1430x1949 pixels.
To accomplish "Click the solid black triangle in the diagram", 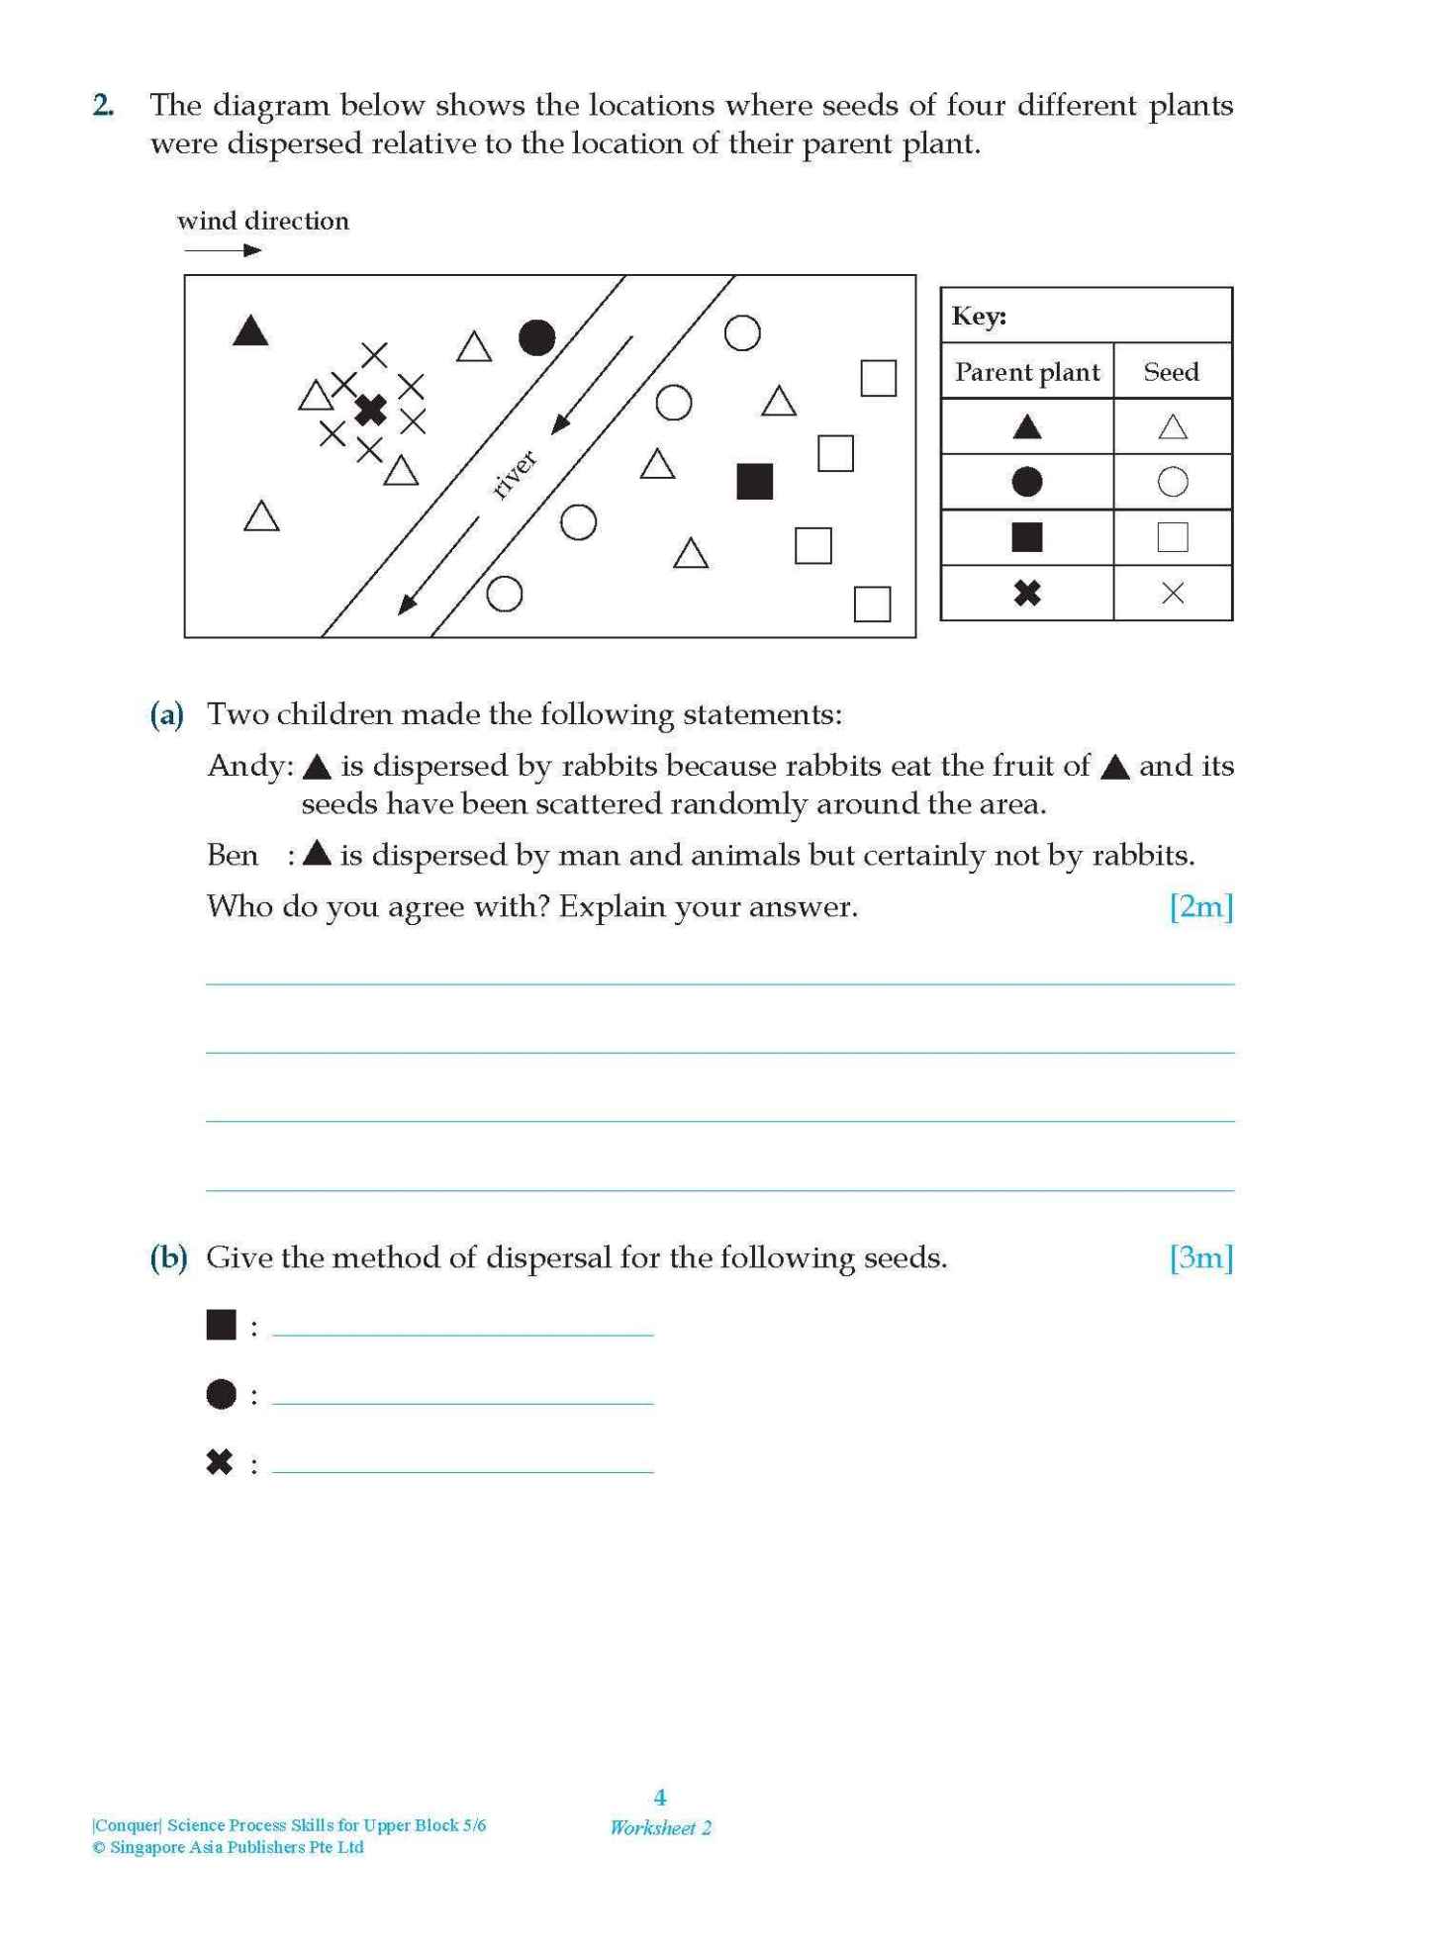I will [250, 331].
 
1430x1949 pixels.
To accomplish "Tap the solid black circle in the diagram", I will [536, 338].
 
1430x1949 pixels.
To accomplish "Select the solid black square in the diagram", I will [754, 482].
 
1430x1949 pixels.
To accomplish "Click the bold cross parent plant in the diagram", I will [370, 409].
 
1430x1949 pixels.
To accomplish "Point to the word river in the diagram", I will [514, 474].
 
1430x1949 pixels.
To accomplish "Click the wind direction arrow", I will [223, 250].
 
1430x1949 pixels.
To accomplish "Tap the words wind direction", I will [263, 221].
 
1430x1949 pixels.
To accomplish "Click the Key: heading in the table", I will [979, 317].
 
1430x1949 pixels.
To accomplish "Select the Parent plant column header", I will [1026, 372].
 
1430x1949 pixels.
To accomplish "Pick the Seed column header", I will [1171, 372].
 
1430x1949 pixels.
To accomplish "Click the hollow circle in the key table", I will [1172, 482].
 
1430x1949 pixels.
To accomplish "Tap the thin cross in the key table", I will [1172, 593].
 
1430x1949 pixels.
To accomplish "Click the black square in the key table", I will [1026, 537].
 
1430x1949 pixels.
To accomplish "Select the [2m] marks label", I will [1200, 906].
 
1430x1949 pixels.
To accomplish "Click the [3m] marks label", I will [1200, 1257].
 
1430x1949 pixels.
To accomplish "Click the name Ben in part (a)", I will [233, 856].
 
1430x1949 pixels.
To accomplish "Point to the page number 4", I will [660, 1797].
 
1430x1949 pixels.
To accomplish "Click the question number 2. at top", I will [103, 106].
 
